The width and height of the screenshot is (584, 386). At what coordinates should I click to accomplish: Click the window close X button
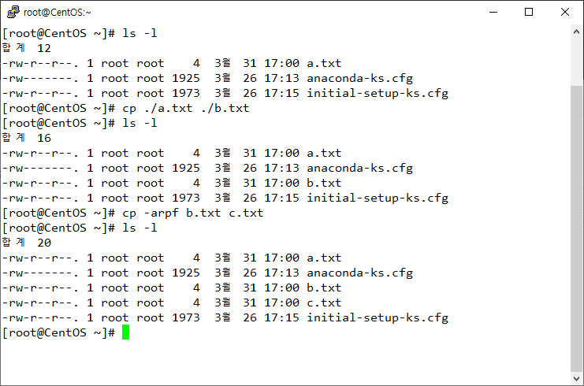[565, 12]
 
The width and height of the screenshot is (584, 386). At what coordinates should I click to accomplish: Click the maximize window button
[529, 12]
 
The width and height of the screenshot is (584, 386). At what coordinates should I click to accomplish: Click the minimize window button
[493, 13]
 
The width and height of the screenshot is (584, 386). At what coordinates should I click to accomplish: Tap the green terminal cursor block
[125, 332]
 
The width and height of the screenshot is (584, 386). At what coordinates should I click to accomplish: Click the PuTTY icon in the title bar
[13, 12]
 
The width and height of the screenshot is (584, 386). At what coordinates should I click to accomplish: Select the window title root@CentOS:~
[57, 13]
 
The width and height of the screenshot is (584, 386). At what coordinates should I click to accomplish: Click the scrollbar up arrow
[577, 32]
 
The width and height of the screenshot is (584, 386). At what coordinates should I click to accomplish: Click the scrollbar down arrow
[577, 379]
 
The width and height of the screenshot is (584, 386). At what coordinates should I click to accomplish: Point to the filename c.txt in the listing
[324, 302]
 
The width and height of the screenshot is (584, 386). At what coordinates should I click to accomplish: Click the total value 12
[44, 48]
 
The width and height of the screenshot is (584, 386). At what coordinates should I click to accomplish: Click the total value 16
[44, 138]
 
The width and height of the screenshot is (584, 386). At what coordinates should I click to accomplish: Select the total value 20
[44, 243]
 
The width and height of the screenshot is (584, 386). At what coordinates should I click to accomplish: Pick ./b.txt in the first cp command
[225, 109]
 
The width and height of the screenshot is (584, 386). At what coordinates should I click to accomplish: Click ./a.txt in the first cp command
[169, 109]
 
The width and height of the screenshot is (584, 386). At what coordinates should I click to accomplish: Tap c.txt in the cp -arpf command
[246, 213]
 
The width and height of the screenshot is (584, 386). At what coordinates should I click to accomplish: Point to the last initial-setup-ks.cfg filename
[378, 318]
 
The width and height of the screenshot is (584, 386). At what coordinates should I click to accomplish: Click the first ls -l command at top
[139, 33]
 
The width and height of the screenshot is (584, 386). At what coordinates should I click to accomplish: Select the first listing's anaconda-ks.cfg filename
[360, 79]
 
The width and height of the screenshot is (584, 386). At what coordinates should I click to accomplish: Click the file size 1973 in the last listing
[186, 318]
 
